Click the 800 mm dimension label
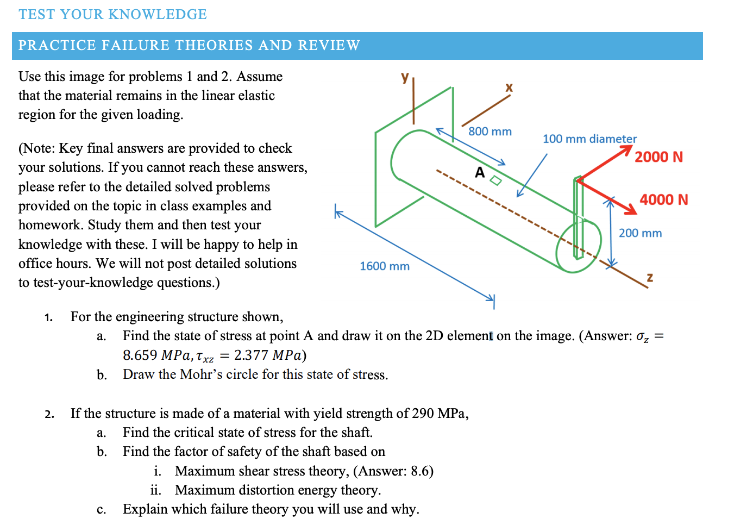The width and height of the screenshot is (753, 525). pyautogui.click(x=490, y=132)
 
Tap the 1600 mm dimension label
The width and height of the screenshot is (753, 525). pyautogui.click(x=384, y=266)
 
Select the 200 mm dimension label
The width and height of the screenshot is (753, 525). pyautogui.click(x=640, y=233)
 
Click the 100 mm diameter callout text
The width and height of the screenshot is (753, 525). pyautogui.click(x=589, y=139)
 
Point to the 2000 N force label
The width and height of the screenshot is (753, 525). pyautogui.click(x=658, y=157)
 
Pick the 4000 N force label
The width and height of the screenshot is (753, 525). pyautogui.click(x=663, y=200)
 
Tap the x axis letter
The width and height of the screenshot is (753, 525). pyautogui.click(x=509, y=87)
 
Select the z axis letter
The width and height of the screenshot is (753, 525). pyautogui.click(x=650, y=277)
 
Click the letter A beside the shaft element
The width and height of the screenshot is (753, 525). pyautogui.click(x=480, y=173)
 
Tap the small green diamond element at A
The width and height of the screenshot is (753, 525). pyautogui.click(x=495, y=180)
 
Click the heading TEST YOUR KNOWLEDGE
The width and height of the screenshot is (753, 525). pyautogui.click(x=112, y=15)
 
